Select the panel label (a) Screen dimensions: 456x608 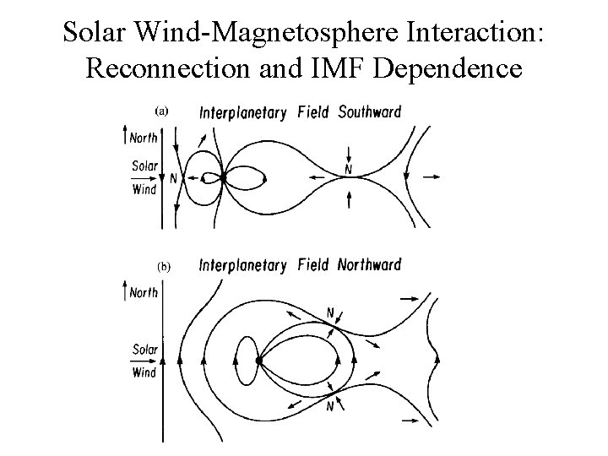162,111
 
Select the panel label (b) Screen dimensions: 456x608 164,266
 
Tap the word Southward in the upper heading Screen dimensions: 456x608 370,112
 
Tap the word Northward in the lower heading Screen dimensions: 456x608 369,266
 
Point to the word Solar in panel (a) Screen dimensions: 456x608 144,166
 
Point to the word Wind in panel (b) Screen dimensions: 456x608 144,372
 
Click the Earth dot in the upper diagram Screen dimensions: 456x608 223,178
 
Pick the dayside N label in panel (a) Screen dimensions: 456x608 173,179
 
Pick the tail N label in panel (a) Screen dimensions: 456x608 348,170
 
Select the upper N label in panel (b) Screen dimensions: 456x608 330,314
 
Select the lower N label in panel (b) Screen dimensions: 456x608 330,408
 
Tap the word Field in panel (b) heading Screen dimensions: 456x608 313,266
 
